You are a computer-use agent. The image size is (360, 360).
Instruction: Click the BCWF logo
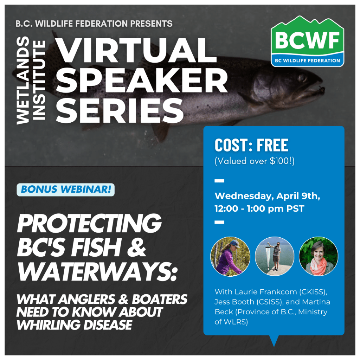click(x=307, y=41)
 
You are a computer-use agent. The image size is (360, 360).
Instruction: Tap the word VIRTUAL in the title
click(x=136, y=50)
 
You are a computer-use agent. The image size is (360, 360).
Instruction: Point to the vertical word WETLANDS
click(x=23, y=81)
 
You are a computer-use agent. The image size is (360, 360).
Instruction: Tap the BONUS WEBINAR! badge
click(x=66, y=189)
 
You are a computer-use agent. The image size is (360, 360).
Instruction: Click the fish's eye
click(x=303, y=78)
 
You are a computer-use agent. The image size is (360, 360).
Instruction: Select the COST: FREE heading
click(x=251, y=145)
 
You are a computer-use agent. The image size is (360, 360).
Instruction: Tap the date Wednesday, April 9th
click(x=267, y=196)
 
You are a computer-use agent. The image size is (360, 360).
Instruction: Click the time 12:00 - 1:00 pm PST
click(x=259, y=209)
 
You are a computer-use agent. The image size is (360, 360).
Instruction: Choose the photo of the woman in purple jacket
click(x=230, y=256)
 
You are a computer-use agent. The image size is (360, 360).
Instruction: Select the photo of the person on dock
click(x=274, y=256)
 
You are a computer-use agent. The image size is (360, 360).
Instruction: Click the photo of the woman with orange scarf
click(x=319, y=256)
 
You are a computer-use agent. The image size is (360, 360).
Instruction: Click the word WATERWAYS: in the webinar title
click(x=97, y=272)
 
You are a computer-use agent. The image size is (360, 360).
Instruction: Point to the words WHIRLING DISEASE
click(x=75, y=325)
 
